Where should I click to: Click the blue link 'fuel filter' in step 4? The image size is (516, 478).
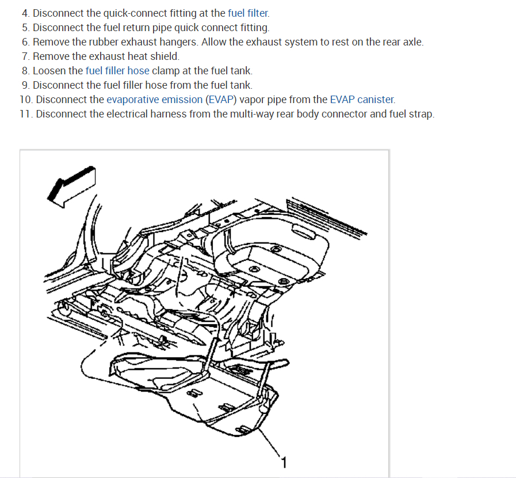click(248, 13)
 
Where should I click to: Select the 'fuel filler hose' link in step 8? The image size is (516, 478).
click(117, 71)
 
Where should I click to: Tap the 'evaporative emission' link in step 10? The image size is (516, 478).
click(154, 100)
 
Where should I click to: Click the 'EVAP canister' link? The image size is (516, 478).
click(362, 100)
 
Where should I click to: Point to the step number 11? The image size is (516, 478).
click(25, 114)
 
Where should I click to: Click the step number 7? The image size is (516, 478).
click(25, 56)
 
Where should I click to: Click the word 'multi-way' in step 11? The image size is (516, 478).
click(251, 114)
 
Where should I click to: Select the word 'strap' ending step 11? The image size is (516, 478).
click(421, 114)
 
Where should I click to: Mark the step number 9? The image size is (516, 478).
click(25, 85)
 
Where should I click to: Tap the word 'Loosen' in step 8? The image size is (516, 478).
click(50, 71)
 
